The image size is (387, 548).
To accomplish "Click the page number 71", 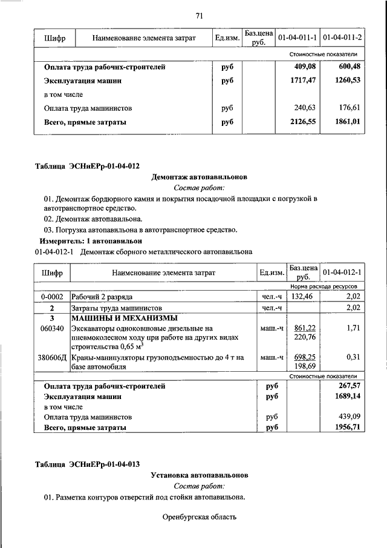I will (199, 16).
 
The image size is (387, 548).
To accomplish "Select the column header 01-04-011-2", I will (342, 38).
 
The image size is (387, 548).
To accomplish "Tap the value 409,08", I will (304, 67).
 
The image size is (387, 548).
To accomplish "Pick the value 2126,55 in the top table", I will (304, 122).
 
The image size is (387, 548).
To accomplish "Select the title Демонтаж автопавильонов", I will (199, 177).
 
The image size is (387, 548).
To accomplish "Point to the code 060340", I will (52, 328).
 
